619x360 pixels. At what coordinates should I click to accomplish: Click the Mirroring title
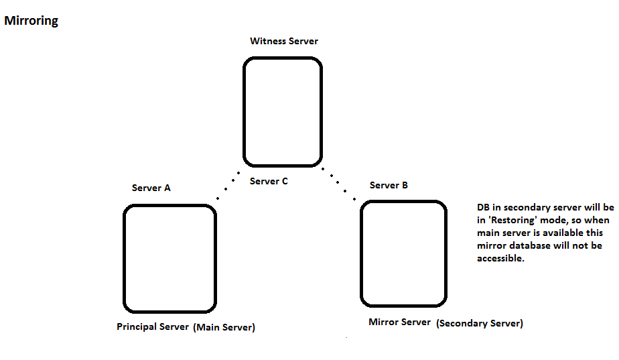[31, 21]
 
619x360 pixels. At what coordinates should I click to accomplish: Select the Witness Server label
[284, 41]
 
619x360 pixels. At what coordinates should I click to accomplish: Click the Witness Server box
[283, 112]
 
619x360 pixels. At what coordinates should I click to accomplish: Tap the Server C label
[269, 181]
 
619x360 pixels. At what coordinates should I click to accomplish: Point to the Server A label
[151, 188]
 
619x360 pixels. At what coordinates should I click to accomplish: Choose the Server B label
[389, 185]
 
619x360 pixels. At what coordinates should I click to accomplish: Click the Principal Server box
[170, 259]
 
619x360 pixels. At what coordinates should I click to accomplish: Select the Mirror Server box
[403, 253]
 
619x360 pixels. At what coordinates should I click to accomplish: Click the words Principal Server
[153, 327]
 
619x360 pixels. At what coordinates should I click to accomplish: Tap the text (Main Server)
[224, 327]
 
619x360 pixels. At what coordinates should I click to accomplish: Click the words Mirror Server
[399, 322]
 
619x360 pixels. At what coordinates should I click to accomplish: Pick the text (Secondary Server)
[480, 323]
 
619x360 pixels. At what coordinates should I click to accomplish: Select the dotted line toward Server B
[339, 186]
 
